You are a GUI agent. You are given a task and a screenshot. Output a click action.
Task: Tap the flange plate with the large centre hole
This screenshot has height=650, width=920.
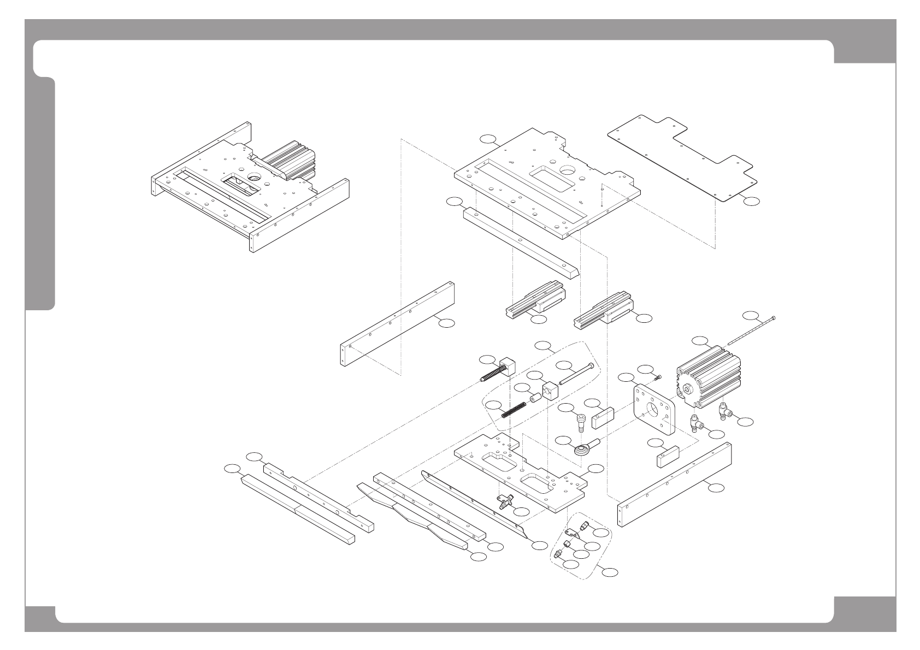click(x=652, y=410)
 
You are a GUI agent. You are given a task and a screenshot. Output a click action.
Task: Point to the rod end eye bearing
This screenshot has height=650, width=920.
click(x=584, y=448)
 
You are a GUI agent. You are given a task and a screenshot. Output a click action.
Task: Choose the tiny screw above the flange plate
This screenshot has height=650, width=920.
click(x=658, y=376)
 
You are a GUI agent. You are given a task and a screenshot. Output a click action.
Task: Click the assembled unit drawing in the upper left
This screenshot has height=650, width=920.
click(x=250, y=186)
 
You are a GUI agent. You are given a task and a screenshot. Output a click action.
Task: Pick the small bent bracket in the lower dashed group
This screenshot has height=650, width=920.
click(x=573, y=534)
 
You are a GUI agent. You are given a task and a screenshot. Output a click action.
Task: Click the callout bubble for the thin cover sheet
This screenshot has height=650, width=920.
click(x=751, y=201)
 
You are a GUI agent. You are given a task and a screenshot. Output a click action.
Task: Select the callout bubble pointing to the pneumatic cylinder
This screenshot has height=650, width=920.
click(x=699, y=341)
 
